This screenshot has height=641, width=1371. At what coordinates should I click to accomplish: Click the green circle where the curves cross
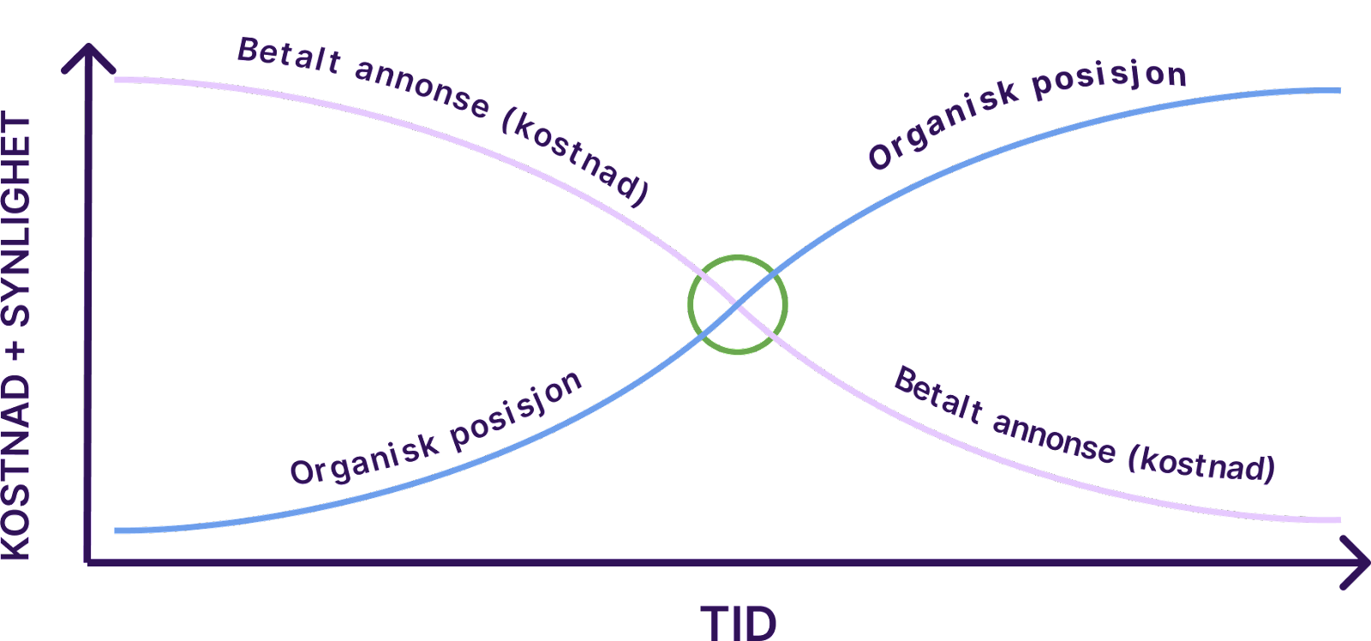[689, 304]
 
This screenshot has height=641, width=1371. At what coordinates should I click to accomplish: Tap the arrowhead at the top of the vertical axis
[89, 49]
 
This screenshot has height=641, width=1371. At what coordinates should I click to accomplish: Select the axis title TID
[738, 623]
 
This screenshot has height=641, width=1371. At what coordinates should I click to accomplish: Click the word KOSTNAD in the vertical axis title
[15, 467]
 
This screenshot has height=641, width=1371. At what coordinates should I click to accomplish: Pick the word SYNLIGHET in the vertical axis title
[15, 221]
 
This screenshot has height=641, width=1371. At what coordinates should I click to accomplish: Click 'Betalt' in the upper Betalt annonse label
[289, 56]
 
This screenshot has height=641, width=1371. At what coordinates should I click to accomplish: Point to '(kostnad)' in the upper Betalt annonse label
[575, 157]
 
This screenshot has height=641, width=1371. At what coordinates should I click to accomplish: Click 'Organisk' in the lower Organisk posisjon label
[364, 460]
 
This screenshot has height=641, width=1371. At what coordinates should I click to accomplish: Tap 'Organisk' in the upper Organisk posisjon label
[943, 126]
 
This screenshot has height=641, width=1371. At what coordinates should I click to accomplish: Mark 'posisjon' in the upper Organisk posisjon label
[1109, 81]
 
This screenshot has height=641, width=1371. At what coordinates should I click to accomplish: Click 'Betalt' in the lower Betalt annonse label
[938, 395]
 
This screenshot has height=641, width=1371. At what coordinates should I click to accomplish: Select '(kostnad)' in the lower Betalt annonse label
[1201, 465]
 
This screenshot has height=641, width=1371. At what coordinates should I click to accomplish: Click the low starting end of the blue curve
[117, 530]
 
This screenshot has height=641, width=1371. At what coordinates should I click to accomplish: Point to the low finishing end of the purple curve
[1338, 520]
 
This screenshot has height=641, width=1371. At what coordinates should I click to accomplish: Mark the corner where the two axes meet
[88, 562]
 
